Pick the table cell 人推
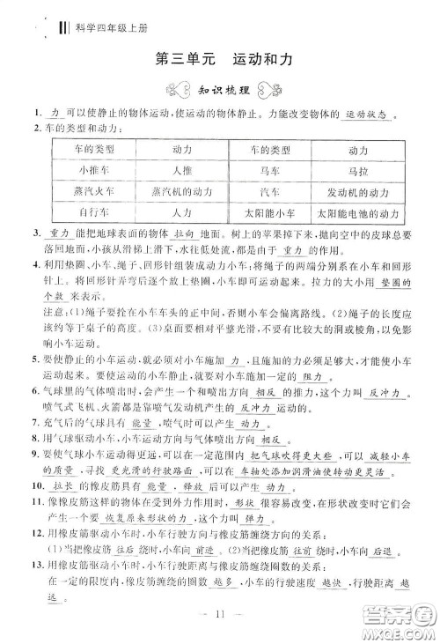pyautogui.click(x=183, y=170)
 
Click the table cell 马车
pyautogui.click(x=273, y=170)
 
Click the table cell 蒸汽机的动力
pyautogui.click(x=183, y=191)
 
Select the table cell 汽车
pyautogui.click(x=273, y=191)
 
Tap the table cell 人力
pyautogui.click(x=183, y=212)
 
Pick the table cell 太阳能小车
pyautogui.click(x=273, y=212)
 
